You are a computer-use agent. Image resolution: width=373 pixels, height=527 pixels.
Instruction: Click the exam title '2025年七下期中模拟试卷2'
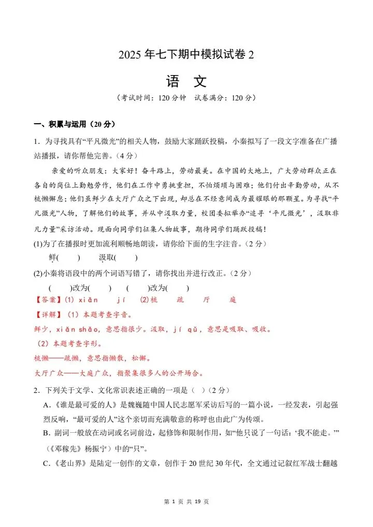pyautogui.click(x=186, y=55)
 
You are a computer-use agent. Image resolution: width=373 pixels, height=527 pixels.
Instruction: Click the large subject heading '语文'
pyautogui.click(x=186, y=81)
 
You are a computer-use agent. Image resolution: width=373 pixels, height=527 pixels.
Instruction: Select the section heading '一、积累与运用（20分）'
pyautogui.click(x=74, y=124)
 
